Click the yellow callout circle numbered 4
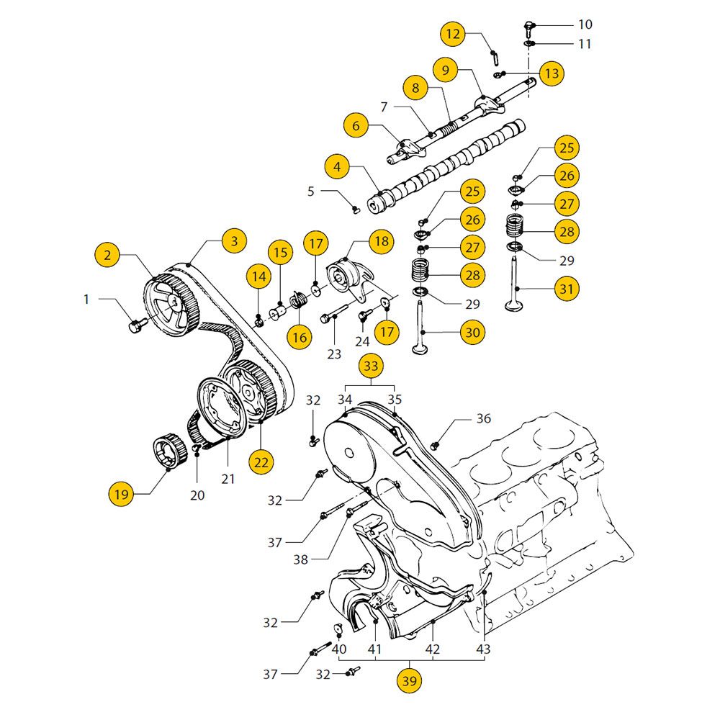pos(337,168)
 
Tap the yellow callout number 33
pos(370,366)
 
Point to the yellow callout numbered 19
pos(121,495)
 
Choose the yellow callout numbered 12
pos(452,34)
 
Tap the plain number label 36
pos(483,418)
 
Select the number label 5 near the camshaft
pos(311,192)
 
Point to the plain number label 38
pos(305,559)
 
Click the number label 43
pos(483,649)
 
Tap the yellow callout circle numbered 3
pos(234,240)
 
